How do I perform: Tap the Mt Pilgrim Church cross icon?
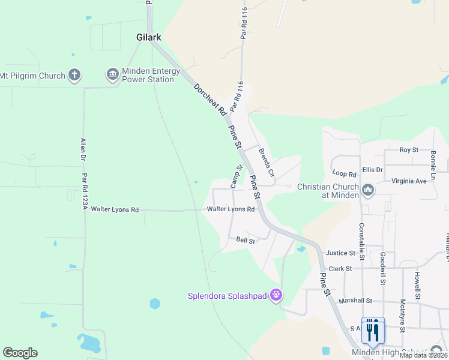tap(74, 76)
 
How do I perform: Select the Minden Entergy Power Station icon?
tap(112, 75)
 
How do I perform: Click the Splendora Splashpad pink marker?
tap(276, 295)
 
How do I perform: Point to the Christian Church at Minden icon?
tap(368, 191)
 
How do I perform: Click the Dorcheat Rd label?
tap(209, 99)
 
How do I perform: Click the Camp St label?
tap(237, 176)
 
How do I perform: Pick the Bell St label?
tap(246, 241)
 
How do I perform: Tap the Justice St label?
tap(340, 253)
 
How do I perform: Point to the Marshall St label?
tap(356, 301)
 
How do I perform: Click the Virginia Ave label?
tap(409, 180)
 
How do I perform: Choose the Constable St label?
tap(362, 237)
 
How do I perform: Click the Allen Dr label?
tap(82, 149)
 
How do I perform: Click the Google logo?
tap(20, 353)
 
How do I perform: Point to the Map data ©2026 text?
tap(423, 355)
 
